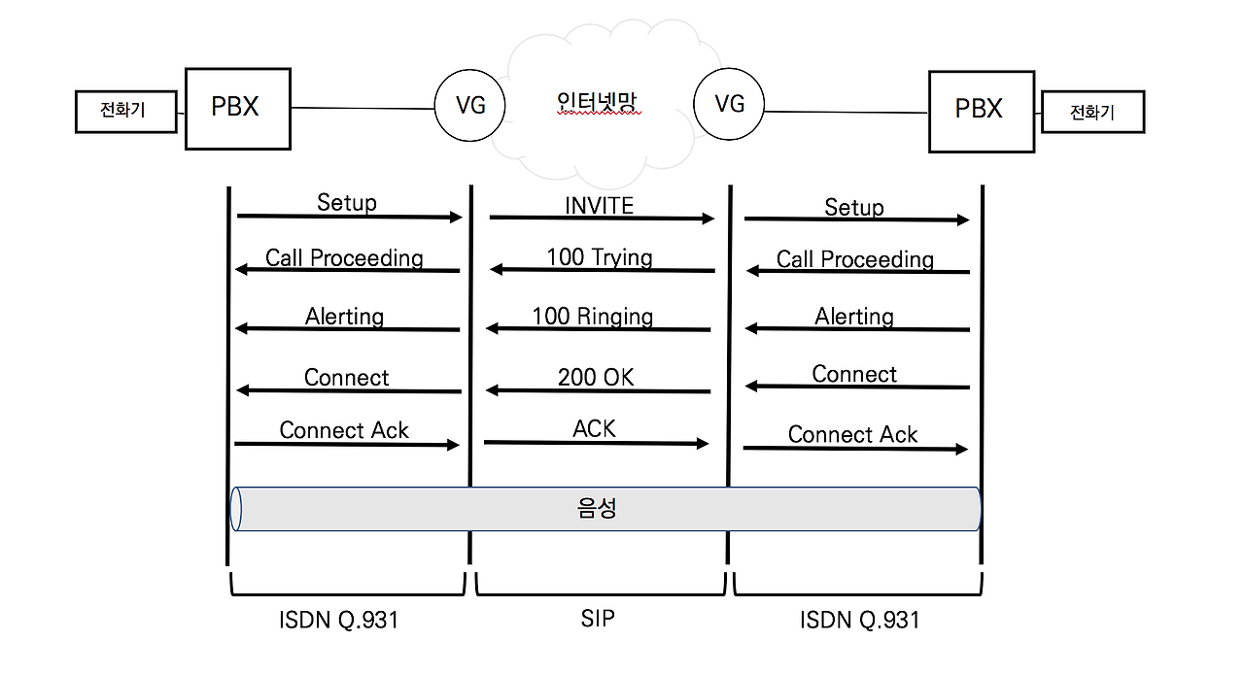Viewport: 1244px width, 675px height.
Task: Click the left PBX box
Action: pos(237,108)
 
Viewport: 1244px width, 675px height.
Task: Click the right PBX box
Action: pos(980,111)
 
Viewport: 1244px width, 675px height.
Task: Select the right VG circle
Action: pos(729,104)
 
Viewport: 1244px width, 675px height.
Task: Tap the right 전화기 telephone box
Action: pos(1092,113)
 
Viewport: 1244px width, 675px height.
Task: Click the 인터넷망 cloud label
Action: pos(598,102)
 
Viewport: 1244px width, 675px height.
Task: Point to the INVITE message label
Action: pos(599,205)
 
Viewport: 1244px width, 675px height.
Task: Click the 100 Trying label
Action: pos(599,257)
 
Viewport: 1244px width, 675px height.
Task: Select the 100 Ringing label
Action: pos(592,317)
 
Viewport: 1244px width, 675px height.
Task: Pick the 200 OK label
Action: pos(596,378)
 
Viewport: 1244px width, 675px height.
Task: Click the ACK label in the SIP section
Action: pos(594,429)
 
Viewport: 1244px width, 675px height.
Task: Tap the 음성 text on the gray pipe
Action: pos(597,509)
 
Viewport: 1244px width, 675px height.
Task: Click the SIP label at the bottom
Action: pos(598,619)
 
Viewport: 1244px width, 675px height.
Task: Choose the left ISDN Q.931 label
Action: pos(340,620)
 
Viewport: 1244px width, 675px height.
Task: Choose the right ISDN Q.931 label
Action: pos(859,620)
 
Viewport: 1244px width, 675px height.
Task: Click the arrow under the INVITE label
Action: pos(602,219)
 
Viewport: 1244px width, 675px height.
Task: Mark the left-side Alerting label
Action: pos(344,317)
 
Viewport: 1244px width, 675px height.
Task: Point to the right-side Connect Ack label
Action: pos(852,434)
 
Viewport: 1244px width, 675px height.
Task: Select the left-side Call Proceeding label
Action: pos(344,257)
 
